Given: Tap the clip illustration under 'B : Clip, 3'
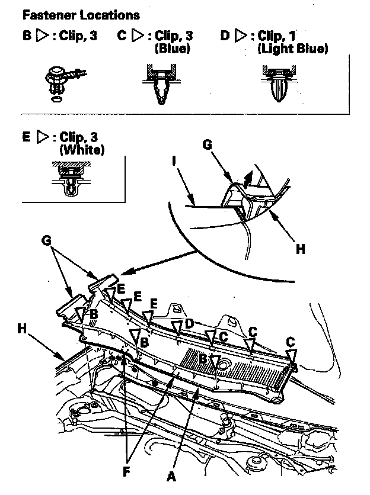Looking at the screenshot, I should pos(58,82).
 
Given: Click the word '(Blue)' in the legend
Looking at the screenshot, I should pos(172,49).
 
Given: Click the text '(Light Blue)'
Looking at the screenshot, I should pos(293,49).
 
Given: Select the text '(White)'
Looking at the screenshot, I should pos(81,150).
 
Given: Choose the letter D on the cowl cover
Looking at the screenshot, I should pos(189,323).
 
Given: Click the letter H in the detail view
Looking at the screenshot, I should pos(300,249).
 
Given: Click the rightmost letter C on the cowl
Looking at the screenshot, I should pos(290,343).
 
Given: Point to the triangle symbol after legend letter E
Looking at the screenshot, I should pos(42,138).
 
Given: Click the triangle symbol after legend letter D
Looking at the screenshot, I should pos(240,36).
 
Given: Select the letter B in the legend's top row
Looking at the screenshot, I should pos(27,36).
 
